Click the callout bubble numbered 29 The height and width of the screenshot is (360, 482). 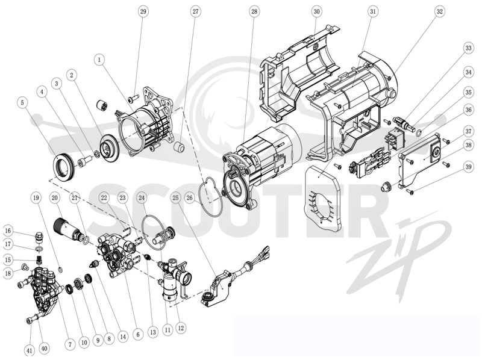click(x=143, y=11)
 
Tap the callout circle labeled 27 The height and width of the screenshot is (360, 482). click(x=195, y=11)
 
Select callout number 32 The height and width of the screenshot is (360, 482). click(x=440, y=11)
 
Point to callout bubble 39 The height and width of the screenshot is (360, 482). click(x=468, y=167)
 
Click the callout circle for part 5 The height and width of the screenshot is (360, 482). click(x=22, y=102)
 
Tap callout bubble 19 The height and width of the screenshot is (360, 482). click(x=36, y=198)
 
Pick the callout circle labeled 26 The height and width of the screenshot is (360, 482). click(x=190, y=198)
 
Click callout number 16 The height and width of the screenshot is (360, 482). click(x=8, y=231)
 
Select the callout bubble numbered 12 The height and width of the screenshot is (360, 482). click(x=181, y=328)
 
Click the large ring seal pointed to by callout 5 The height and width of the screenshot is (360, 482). click(x=64, y=166)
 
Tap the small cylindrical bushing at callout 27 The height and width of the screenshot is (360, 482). click(x=179, y=147)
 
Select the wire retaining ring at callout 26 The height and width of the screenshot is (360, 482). click(x=210, y=197)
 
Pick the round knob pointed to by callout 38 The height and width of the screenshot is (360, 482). click(x=385, y=187)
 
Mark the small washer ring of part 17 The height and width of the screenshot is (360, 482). click(x=39, y=248)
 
